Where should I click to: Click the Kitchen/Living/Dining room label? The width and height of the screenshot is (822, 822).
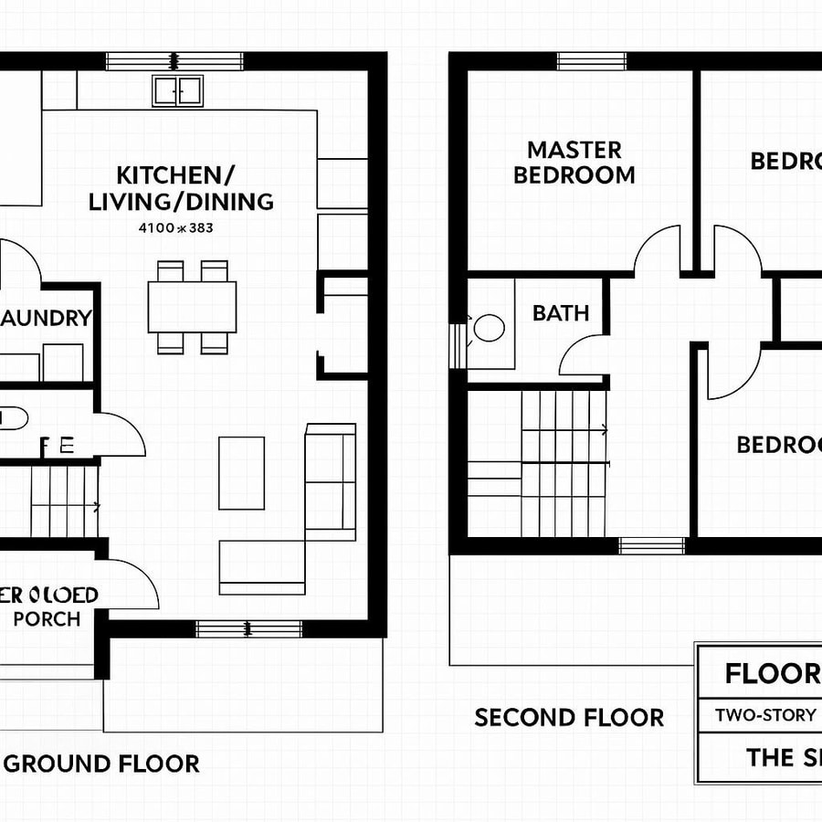(181, 188)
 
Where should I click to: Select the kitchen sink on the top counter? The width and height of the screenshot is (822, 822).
(177, 90)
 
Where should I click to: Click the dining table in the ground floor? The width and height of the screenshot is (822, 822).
(192, 307)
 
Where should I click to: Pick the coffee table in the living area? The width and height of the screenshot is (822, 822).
(241, 472)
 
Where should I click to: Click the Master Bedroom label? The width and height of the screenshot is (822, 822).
(574, 162)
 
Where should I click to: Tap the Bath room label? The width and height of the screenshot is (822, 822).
(560, 313)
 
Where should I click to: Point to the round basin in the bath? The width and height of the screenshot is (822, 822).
(489, 328)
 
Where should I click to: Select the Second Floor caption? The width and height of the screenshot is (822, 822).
(568, 718)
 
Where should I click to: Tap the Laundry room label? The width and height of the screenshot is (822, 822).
(46, 318)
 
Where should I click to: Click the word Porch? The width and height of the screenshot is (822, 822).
(47, 618)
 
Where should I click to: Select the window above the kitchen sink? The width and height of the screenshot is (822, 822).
(176, 61)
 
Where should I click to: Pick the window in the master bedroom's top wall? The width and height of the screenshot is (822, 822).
(591, 61)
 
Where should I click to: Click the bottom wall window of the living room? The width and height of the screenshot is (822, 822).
(248, 628)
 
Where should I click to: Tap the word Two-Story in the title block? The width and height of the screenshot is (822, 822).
(765, 714)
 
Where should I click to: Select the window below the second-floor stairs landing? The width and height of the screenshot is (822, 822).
(651, 545)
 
